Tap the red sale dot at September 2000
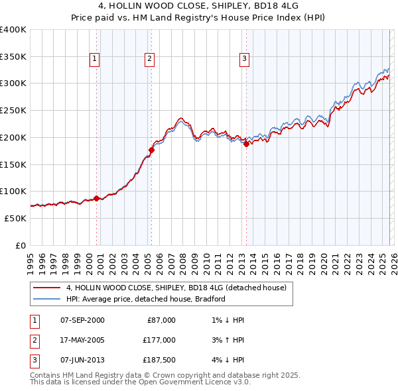(x=97, y=198)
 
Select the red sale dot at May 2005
(x=151, y=150)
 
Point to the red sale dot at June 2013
(x=246, y=144)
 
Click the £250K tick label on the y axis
(x=13, y=110)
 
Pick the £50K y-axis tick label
(x=16, y=218)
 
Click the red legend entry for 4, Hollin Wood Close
(x=176, y=288)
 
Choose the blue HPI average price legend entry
(x=146, y=299)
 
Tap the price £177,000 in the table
(x=159, y=340)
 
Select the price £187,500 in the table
(x=159, y=360)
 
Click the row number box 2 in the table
(x=33, y=340)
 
